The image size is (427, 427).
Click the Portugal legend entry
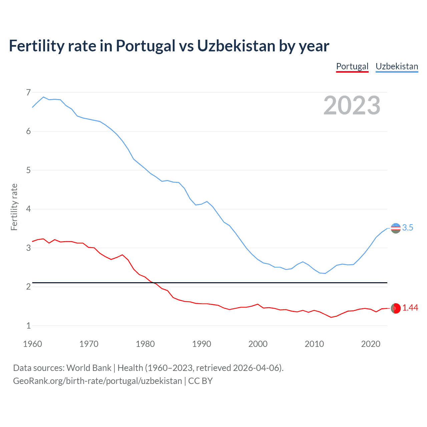tap(352, 66)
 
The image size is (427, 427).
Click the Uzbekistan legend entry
tap(397, 66)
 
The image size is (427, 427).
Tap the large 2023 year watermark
tap(352, 105)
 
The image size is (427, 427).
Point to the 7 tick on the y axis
tap(28, 92)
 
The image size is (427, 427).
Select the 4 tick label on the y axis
tap(28, 209)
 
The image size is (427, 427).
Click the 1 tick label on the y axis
tap(28, 326)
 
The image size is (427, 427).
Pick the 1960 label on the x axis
tap(32, 344)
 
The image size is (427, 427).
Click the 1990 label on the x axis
tap(201, 344)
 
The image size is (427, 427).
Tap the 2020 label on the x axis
tap(371, 344)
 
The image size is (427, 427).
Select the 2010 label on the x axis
tap(314, 344)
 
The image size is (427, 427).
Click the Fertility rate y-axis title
tap(14, 207)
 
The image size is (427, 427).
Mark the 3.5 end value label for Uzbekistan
tap(408, 228)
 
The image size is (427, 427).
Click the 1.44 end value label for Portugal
tap(410, 308)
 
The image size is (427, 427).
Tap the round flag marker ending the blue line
tap(396, 228)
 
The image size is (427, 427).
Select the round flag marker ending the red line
tap(396, 309)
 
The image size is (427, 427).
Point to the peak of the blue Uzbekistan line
tap(43, 97)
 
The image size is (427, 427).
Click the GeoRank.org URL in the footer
tap(97, 381)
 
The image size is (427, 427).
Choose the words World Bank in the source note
tap(89, 368)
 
